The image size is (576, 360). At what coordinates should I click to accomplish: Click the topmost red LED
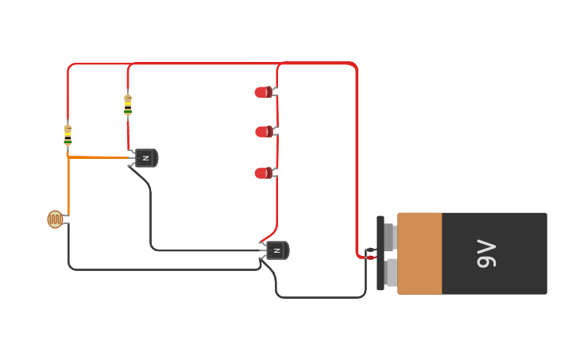tap(262, 92)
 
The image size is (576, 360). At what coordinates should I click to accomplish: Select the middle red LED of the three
tap(263, 132)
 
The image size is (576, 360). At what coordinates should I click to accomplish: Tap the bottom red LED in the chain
tap(262, 173)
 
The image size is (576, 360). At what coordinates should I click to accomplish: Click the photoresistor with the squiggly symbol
tap(55, 219)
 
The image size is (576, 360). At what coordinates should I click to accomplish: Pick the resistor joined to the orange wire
tap(68, 135)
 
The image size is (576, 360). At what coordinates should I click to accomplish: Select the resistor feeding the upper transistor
tap(128, 105)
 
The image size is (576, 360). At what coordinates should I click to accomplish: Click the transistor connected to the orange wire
tap(146, 158)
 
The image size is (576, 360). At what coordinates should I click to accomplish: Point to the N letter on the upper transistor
tap(145, 158)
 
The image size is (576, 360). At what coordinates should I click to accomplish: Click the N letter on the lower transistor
tap(276, 250)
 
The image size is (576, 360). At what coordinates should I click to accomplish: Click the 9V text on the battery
tap(486, 254)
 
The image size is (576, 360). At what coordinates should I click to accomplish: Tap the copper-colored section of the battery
tap(419, 254)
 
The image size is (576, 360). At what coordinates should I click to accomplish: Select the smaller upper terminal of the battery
tap(389, 236)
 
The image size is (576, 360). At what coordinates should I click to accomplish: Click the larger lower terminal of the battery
tap(390, 273)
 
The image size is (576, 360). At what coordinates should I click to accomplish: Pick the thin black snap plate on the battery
tap(381, 254)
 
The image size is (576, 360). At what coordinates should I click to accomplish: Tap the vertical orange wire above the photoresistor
tap(68, 187)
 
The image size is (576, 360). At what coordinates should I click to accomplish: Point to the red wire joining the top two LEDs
tap(276, 111)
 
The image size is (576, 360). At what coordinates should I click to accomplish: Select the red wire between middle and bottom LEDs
tap(276, 153)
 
